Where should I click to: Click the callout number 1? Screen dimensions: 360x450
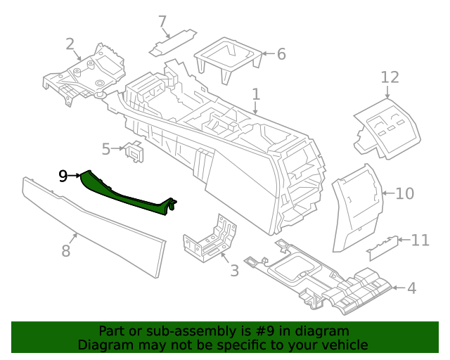click(256, 94)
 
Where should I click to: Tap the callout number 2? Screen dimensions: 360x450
click(70, 44)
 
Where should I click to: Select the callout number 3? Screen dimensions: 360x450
click(234, 270)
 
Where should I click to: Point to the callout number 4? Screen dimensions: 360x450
click(411, 288)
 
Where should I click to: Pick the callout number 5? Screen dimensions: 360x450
click(106, 149)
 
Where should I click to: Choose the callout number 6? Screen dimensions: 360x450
click(281, 53)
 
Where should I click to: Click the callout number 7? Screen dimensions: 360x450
click(162, 21)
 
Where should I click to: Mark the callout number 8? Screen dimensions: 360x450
click(65, 250)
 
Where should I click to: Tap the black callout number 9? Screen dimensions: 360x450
click(63, 176)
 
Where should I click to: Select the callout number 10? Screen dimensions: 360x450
click(405, 193)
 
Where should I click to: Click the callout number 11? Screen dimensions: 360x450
click(420, 240)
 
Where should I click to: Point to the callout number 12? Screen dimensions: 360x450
click(390, 77)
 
